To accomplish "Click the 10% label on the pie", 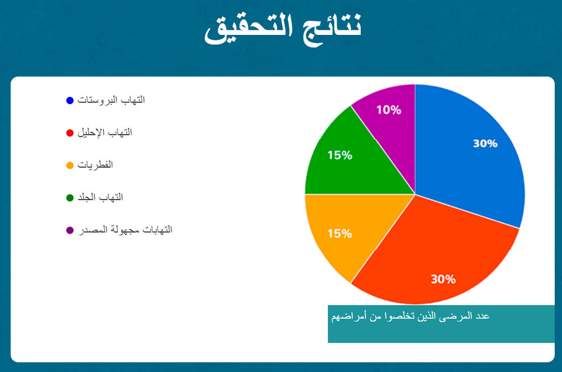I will pyautogui.click(x=388, y=110).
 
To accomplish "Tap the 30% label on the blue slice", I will pyautogui.click(x=485, y=144).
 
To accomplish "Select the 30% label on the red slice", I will pyautogui.click(x=443, y=279).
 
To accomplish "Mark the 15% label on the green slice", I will pyautogui.click(x=339, y=155).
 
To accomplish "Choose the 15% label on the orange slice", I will pyautogui.click(x=339, y=234).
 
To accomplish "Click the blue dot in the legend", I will pyautogui.click(x=70, y=100).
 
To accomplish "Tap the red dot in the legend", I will pyautogui.click(x=70, y=133).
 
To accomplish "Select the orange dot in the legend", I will pyautogui.click(x=70, y=165).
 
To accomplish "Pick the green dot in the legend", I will pyautogui.click(x=70, y=198).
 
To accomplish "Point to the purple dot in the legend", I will pyautogui.click(x=70, y=230).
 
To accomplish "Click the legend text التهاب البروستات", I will pyautogui.click(x=111, y=100).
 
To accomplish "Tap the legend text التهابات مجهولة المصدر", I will pyautogui.click(x=124, y=230).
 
